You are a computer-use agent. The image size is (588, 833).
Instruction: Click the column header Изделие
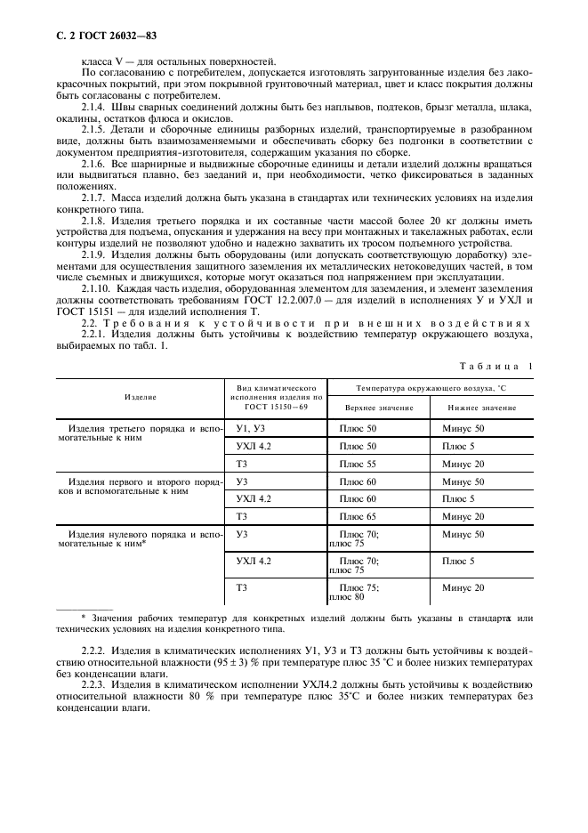(141, 396)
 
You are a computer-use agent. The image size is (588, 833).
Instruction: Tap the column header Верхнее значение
(379, 407)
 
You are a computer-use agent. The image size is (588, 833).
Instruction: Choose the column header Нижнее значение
(481, 407)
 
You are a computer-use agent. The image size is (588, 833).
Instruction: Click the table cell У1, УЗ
(252, 428)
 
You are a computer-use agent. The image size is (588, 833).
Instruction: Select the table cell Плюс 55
(358, 464)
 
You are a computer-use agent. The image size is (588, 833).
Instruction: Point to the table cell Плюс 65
(358, 516)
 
